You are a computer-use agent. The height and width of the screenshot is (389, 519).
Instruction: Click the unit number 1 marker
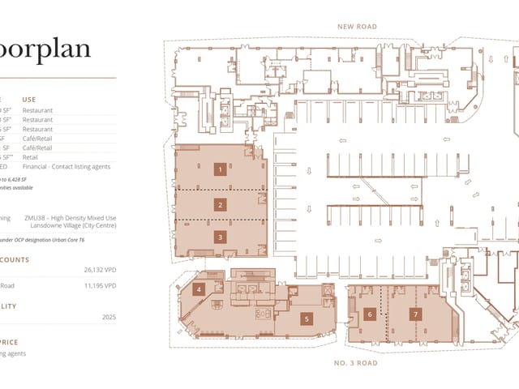click(x=219, y=169)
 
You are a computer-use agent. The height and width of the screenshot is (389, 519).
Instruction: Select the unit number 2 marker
click(x=219, y=204)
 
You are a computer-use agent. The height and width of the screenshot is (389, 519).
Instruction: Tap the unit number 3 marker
click(x=219, y=237)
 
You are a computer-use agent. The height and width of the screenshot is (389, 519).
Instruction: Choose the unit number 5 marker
click(x=307, y=318)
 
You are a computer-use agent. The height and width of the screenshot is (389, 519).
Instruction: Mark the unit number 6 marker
click(x=369, y=314)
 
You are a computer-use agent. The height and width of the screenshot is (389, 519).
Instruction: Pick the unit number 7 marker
click(x=415, y=314)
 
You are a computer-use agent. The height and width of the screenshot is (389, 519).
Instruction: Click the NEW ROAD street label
click(x=357, y=27)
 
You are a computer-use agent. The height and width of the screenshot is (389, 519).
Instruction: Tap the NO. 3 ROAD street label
click(x=355, y=362)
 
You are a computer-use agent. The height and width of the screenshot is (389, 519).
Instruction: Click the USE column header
click(x=29, y=99)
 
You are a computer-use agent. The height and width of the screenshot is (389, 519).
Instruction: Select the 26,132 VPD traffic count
click(x=100, y=270)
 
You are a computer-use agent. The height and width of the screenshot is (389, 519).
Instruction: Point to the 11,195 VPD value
click(x=100, y=285)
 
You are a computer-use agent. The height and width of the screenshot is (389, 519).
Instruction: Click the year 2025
click(x=109, y=317)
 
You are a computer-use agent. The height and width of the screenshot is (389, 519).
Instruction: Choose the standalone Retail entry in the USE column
click(x=31, y=157)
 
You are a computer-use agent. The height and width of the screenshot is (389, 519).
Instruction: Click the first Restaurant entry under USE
click(x=37, y=109)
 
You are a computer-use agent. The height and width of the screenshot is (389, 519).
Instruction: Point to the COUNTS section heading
click(x=15, y=259)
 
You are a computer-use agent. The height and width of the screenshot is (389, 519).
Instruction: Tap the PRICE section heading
click(x=15, y=342)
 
